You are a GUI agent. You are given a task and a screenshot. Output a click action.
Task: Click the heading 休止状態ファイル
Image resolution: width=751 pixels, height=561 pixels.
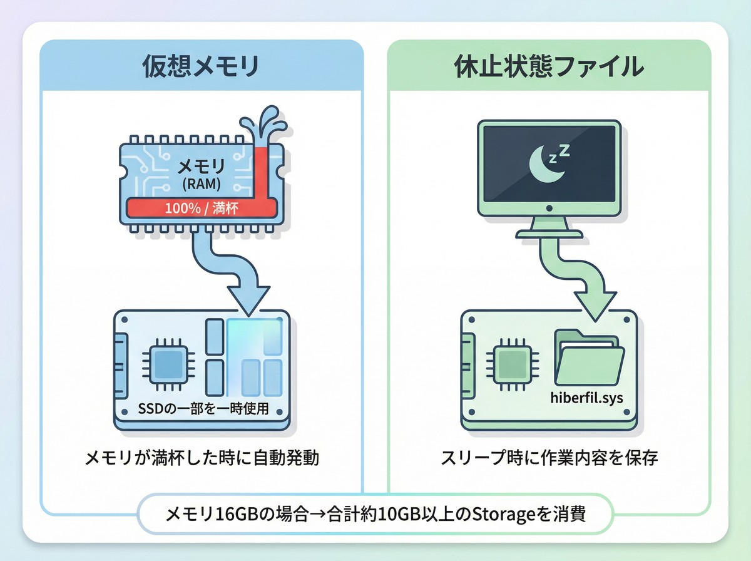pyautogui.click(x=548, y=66)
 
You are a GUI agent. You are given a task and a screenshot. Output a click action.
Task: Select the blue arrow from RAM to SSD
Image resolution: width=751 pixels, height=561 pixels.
pyautogui.click(x=238, y=275)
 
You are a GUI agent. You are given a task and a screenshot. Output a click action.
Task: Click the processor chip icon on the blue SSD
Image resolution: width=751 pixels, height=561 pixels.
pyautogui.click(x=166, y=363)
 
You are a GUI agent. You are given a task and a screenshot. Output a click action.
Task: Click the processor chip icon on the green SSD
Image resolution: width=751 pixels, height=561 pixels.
pyautogui.click(x=513, y=363)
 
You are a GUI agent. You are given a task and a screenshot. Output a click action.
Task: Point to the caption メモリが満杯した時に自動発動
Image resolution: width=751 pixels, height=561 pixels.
pyautogui.click(x=202, y=458)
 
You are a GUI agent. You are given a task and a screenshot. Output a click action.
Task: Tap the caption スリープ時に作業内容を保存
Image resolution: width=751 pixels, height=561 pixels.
pyautogui.click(x=549, y=458)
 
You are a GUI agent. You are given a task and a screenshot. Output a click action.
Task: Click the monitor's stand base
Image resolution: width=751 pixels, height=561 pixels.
pyautogui.click(x=549, y=233)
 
